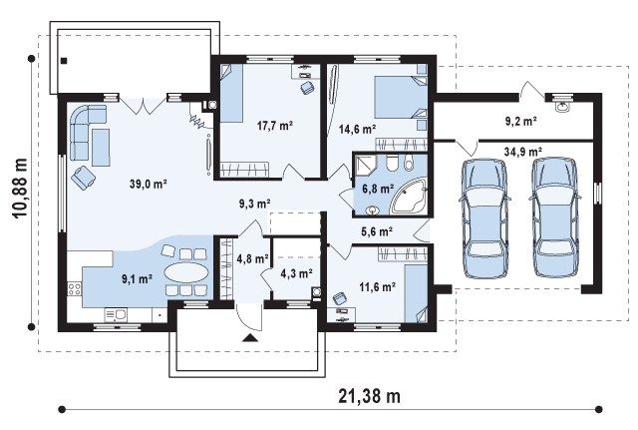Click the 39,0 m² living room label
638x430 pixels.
[x=149, y=184]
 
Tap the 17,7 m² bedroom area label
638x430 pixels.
[x=275, y=126]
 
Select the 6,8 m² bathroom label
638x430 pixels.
[x=378, y=189]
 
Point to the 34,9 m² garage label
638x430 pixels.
[x=522, y=152]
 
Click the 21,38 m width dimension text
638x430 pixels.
[x=370, y=396]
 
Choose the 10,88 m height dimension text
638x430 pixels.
[x=20, y=189]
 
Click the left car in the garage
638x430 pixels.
[x=484, y=218]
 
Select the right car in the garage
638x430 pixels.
[x=555, y=217]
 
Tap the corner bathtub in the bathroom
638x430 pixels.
[x=409, y=196]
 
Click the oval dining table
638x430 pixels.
[x=185, y=272]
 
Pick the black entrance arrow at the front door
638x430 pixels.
[x=249, y=337]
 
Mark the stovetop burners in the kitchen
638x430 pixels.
[x=75, y=289]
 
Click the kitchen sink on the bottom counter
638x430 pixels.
[x=116, y=314]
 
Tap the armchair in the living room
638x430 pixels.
[x=83, y=178]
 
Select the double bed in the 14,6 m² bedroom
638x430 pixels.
[x=401, y=97]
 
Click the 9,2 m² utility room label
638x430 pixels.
[x=520, y=121]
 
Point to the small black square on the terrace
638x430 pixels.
[x=64, y=61]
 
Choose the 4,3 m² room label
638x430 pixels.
[x=296, y=273]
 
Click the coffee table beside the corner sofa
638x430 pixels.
[x=101, y=148]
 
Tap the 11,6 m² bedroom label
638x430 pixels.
[x=377, y=287]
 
